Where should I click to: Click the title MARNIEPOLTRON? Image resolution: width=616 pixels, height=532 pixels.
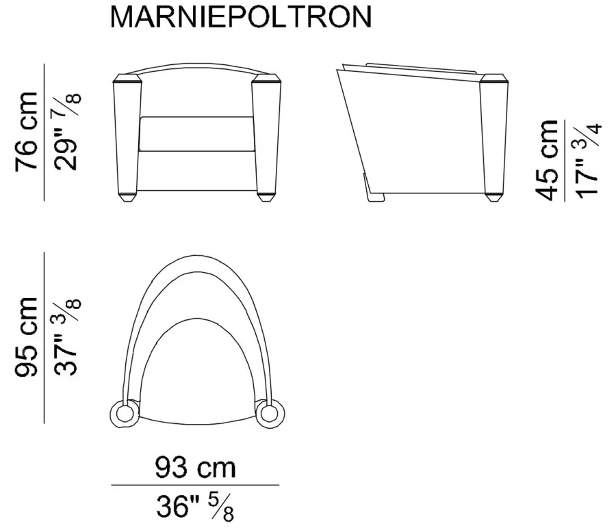[x=241, y=17]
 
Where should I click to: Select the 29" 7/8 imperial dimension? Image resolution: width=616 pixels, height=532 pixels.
[x=67, y=131]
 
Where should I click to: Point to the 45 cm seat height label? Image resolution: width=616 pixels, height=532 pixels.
[x=546, y=160]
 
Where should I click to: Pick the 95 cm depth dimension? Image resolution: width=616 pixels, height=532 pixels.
[x=27, y=337]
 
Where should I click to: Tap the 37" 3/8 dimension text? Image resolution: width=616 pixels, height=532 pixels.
[x=67, y=337]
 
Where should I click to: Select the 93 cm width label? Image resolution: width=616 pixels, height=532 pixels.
[x=195, y=467]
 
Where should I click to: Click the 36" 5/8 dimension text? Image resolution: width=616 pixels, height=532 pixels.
[x=195, y=507]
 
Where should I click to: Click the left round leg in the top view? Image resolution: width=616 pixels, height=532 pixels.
[x=124, y=414]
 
